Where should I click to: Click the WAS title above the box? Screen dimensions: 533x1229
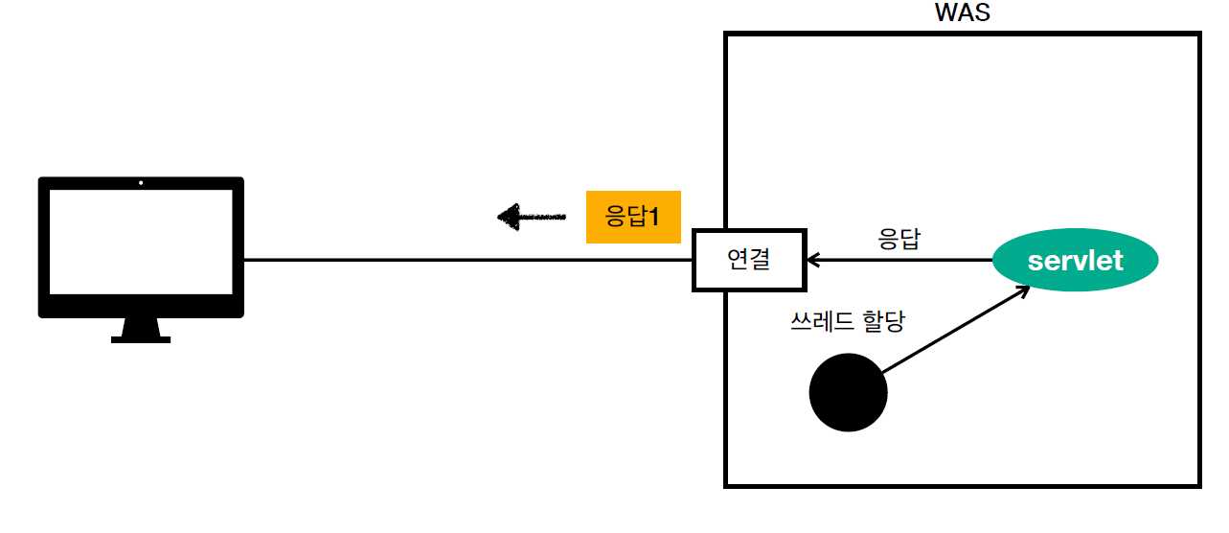962,13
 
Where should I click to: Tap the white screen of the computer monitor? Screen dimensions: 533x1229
141,242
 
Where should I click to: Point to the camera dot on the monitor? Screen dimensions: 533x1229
141,182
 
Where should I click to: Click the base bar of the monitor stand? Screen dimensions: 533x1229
141,338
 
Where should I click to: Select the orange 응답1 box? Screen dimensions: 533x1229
632,217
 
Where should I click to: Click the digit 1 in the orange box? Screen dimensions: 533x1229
655,217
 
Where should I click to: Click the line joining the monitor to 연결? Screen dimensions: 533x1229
469,259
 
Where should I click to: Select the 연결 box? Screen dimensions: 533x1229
749,259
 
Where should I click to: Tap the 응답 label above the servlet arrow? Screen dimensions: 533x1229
899,239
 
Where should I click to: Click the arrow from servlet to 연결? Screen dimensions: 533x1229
900,259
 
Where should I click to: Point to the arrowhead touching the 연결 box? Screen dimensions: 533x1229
812,259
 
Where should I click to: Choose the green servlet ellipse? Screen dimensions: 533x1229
1075,260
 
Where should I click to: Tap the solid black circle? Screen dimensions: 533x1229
848,392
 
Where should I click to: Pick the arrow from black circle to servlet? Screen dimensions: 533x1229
953,332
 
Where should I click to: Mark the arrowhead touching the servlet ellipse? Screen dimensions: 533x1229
1023,292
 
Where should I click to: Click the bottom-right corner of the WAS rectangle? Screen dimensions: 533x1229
1198,485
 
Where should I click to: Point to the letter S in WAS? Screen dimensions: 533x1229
981,13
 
